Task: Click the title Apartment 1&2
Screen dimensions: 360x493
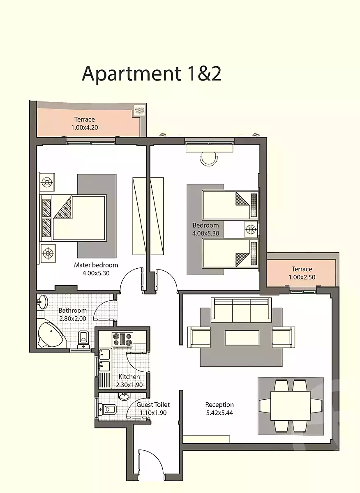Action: click(x=152, y=74)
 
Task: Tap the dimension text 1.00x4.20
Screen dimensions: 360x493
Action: click(x=85, y=127)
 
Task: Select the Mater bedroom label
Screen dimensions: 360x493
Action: click(x=96, y=265)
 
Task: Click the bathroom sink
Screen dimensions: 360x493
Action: click(x=42, y=302)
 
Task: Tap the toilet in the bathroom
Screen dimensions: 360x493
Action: click(x=84, y=339)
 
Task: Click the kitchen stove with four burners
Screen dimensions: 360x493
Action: click(x=122, y=339)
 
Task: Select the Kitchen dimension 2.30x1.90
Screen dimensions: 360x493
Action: click(x=129, y=385)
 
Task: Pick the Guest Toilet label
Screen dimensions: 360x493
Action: click(x=153, y=405)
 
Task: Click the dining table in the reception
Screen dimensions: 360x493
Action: click(x=291, y=405)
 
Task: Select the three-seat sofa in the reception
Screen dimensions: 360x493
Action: click(x=241, y=310)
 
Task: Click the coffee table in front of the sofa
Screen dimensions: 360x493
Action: click(x=242, y=338)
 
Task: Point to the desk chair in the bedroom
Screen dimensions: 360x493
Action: click(x=209, y=160)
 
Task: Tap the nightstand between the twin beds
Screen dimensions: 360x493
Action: click(x=251, y=229)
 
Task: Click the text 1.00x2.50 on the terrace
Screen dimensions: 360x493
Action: click(x=302, y=277)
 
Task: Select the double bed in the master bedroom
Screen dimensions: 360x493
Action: click(x=73, y=218)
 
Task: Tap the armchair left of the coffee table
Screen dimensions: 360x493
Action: click(x=199, y=337)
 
